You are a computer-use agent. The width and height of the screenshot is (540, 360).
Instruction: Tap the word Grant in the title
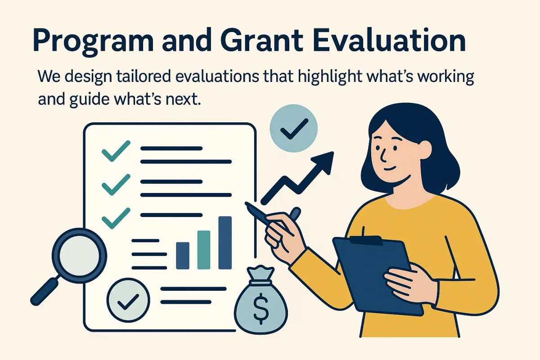click(261, 40)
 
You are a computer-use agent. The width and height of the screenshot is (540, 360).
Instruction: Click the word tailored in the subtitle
click(143, 76)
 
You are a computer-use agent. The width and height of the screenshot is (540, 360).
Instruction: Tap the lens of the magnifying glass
click(79, 255)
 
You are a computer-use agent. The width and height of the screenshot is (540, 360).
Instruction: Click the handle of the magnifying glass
click(45, 292)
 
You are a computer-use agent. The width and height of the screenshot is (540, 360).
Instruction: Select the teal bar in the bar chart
click(204, 250)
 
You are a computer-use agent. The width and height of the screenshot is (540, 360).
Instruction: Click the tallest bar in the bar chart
click(225, 243)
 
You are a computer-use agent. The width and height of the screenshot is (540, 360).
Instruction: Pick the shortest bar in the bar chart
click(183, 256)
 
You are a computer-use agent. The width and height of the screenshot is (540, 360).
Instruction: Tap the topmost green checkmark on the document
click(116, 151)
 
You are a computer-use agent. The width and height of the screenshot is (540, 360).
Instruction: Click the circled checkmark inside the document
click(128, 300)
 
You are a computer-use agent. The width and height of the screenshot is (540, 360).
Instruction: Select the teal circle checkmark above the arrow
click(293, 128)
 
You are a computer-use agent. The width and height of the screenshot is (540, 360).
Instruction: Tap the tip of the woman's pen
click(246, 203)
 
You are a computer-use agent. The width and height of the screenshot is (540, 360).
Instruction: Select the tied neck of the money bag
click(261, 282)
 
